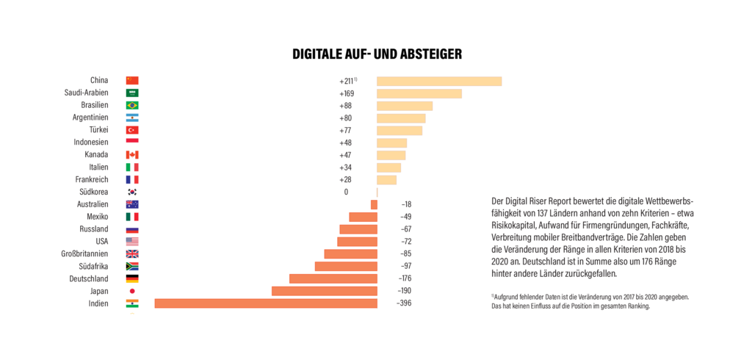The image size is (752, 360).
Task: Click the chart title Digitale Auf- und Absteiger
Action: point(377,54)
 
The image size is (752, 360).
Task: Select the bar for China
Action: point(439,81)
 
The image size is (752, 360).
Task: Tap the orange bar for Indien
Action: point(266,303)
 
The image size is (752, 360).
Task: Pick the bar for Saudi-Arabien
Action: point(419,93)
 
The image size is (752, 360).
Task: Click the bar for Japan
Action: point(325,291)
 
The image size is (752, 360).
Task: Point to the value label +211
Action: point(347,81)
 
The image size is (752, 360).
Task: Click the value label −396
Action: point(404,303)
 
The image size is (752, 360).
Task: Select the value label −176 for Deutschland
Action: point(405,278)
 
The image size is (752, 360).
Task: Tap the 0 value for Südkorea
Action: point(346,192)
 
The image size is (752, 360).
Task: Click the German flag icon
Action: point(132,278)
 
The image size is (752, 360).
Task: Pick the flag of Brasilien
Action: point(132,106)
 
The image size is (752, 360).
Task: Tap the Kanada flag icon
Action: point(132,155)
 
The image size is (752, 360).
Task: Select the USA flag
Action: point(132,242)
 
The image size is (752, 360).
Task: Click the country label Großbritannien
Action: point(84,254)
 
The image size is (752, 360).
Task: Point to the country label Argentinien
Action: point(90,118)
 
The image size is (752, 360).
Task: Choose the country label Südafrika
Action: point(93,266)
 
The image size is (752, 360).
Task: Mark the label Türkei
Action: point(98,130)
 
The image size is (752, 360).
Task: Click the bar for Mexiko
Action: point(363,217)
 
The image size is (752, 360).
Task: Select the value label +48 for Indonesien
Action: point(346,143)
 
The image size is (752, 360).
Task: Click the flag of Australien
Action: point(132,204)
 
